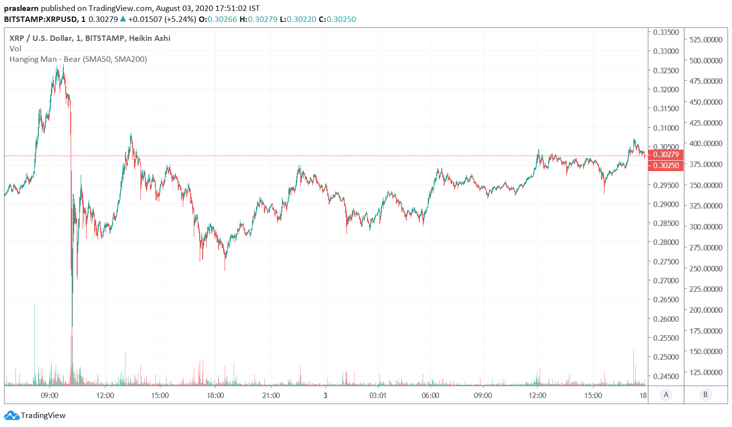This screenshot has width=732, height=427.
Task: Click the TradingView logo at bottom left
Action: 35,416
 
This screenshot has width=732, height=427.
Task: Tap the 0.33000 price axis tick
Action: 666,51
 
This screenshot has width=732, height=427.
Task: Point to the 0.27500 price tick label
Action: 666,261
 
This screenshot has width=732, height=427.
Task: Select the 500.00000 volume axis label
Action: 706,60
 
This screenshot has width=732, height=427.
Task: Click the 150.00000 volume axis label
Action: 706,351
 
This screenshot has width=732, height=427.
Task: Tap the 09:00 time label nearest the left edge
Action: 49,396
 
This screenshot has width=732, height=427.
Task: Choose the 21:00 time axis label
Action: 271,396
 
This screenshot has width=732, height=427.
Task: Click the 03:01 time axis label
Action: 377,396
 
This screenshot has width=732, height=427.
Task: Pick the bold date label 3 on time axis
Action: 325,396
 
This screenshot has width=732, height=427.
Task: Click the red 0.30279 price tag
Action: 666,155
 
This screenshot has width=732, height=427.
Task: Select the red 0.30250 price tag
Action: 666,166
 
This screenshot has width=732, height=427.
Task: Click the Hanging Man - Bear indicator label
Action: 78,59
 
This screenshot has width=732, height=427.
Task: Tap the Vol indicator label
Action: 15,49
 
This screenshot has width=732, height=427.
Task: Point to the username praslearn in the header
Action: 21,8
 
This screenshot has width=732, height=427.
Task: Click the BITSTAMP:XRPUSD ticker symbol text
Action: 41,19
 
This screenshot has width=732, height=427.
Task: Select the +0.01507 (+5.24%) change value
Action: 162,19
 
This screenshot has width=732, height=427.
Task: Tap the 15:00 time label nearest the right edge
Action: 593,396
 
